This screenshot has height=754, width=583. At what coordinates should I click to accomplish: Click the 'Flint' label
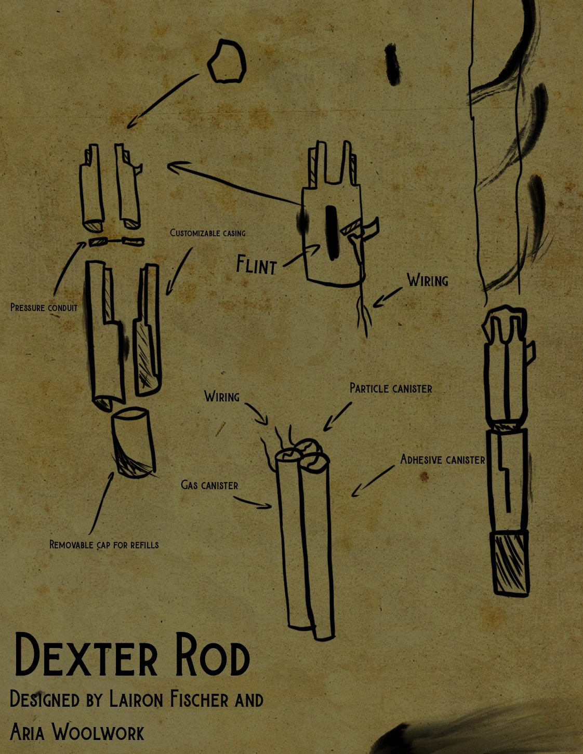pos(256,265)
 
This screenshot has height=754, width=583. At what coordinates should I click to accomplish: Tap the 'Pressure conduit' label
pos(44,308)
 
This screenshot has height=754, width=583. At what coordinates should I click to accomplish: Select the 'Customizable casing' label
pos(208,233)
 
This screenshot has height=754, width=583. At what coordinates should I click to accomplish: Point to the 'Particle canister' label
pos(391,388)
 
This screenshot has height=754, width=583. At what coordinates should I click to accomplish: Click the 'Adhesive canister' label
pos(442,460)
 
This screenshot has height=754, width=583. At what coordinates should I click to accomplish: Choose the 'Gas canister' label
pos(209,485)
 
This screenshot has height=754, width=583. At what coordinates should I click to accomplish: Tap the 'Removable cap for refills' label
pos(104,545)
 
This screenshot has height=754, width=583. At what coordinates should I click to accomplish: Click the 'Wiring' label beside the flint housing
pos(428,280)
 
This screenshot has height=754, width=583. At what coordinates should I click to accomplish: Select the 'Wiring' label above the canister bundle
pos(222,397)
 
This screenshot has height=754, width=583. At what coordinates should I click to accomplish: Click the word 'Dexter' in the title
pos(86,655)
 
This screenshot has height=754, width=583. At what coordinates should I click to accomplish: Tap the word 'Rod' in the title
pos(212,655)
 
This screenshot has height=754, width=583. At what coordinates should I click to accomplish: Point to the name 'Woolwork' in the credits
pos(98,733)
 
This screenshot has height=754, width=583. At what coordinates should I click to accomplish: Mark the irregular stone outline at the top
pos(227,62)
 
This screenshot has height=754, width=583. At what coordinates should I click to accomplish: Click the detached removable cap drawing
pos(134,442)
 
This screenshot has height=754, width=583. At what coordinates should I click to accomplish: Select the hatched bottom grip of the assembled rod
pos(510,563)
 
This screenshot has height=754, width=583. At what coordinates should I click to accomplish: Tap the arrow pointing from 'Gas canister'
pos(253,502)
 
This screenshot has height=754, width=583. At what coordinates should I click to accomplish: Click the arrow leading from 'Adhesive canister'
pos(373,481)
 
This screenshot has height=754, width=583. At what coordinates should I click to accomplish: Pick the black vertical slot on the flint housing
pos(332,233)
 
